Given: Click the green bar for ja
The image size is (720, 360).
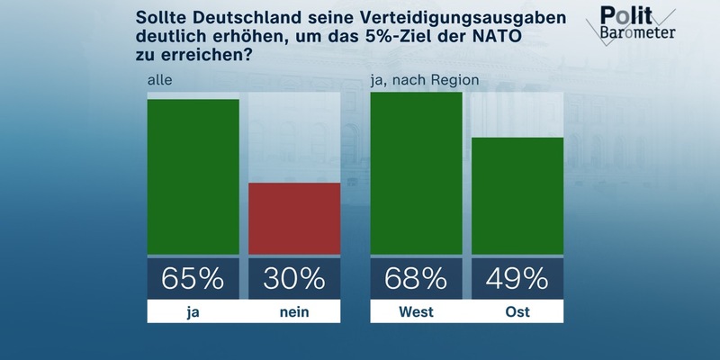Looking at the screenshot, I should pos(193,176).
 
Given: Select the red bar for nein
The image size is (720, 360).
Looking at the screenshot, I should pos(294,219).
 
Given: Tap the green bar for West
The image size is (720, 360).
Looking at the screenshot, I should pos(416,173).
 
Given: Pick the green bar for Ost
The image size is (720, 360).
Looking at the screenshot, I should pos(517,195).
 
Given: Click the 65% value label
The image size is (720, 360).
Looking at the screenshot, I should pos(193,279).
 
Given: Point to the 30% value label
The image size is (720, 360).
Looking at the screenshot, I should pos(294,279).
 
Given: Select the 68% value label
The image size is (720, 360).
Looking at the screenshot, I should pos(416,279).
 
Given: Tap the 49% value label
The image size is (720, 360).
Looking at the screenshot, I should pos(517,279).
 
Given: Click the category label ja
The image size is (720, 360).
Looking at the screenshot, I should pos(193,312).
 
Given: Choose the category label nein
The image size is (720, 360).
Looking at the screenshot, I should pos(294,312).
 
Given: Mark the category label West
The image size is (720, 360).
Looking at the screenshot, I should pos(416,312).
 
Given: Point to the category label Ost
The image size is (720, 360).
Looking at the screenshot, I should pos(517,312).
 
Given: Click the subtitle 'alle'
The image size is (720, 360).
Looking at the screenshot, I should pos(159,81).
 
